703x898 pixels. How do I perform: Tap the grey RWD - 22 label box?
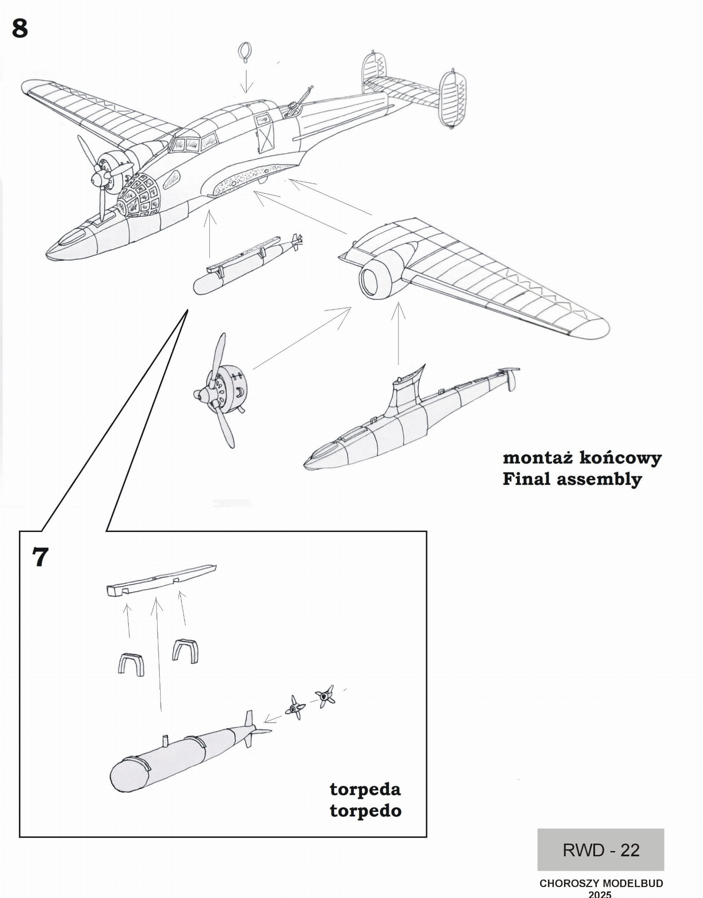[x=600, y=850]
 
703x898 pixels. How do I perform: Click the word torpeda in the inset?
[x=365, y=789]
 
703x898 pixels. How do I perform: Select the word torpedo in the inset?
[x=365, y=811]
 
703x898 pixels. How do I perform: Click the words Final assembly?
[x=572, y=479]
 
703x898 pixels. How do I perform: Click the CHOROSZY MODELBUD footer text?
[x=601, y=883]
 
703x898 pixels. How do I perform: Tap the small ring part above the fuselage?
[x=244, y=52]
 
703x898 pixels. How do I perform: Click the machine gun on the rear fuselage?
[x=300, y=101]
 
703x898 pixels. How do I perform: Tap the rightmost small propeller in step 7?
[x=325, y=696]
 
